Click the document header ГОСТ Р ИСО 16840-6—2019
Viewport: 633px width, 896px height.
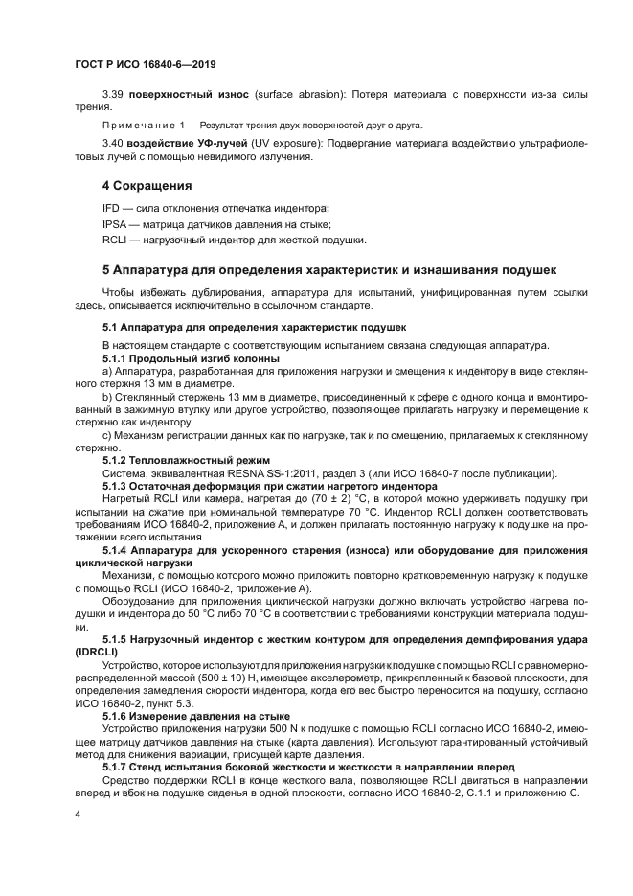pyautogui.click(x=146, y=64)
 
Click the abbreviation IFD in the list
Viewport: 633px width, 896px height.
pyautogui.click(x=112, y=208)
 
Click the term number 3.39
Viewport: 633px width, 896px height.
pyautogui.click(x=114, y=96)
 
